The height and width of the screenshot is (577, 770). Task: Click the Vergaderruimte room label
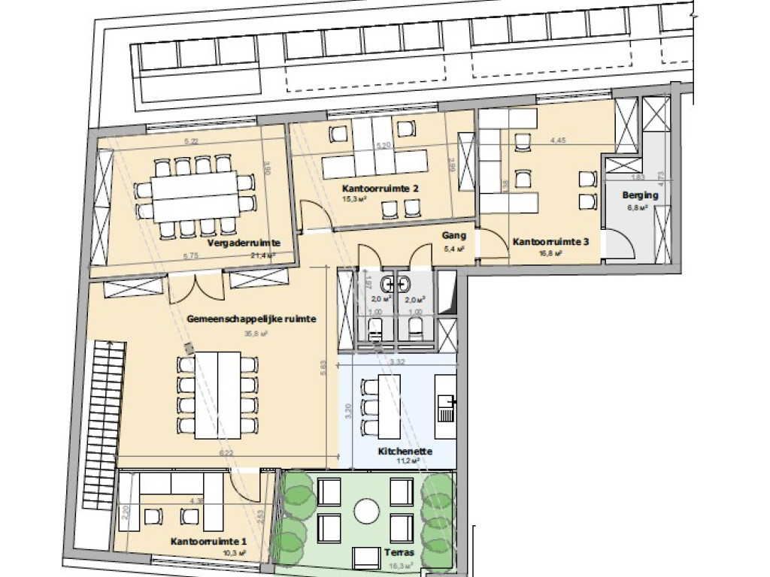coord(243,243)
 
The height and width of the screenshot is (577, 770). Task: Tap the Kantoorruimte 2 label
coord(380,189)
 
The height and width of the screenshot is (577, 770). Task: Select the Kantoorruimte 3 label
coord(550,243)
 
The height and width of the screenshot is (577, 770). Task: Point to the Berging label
coord(640,195)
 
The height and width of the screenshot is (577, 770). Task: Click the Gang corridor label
coord(453,235)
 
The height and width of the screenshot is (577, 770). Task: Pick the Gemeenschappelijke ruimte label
coord(250,319)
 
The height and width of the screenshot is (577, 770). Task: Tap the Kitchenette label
coord(405,452)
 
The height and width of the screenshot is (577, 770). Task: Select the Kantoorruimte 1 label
coord(208,542)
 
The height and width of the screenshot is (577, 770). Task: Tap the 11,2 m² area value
coord(406,461)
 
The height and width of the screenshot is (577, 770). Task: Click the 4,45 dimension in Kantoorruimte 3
coord(557,140)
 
